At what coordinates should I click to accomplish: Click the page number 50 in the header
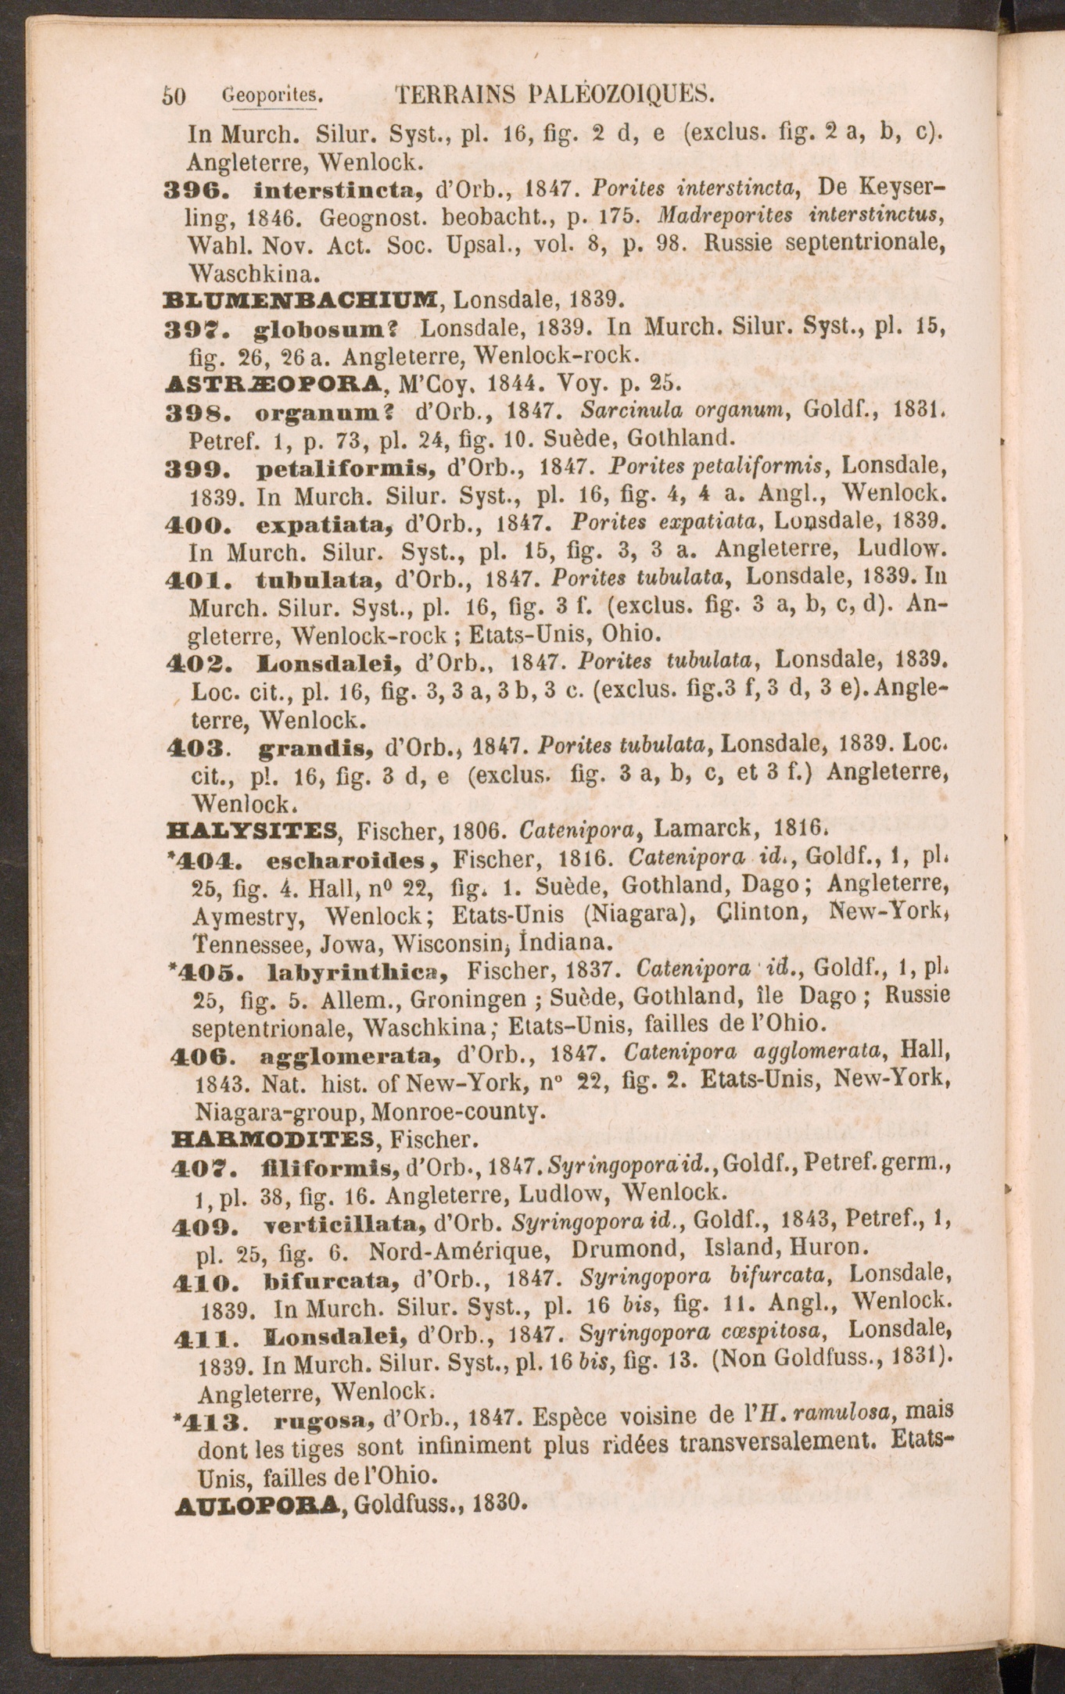click(x=173, y=97)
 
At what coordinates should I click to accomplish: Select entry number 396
click(x=206, y=188)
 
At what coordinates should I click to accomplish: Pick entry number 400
click(x=206, y=521)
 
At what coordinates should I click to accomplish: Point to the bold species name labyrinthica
click(x=355, y=972)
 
